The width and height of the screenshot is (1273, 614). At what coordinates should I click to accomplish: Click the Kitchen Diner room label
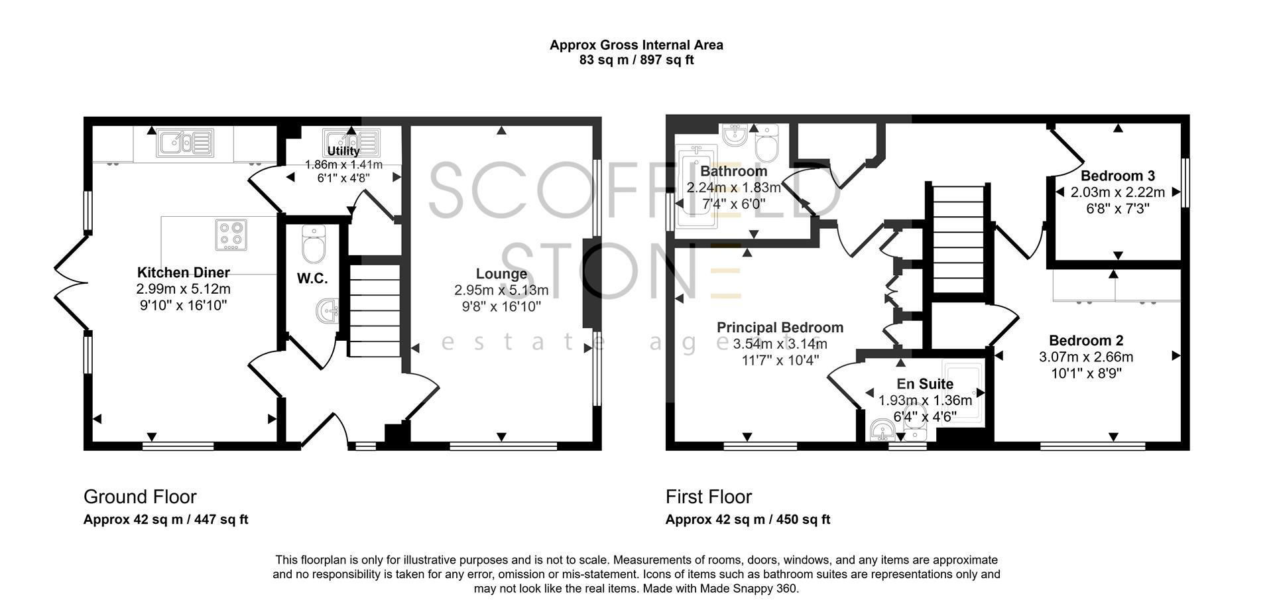(183, 272)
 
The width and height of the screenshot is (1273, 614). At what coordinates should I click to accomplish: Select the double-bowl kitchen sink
(185, 143)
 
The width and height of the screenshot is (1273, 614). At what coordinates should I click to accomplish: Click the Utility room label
(343, 151)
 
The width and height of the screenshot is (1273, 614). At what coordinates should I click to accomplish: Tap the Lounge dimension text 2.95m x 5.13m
(501, 290)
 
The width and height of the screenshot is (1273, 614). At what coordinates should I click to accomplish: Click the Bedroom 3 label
(1118, 176)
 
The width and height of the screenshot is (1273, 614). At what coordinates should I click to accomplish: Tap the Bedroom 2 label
(1086, 340)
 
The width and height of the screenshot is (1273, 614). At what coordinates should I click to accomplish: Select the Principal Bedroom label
(780, 328)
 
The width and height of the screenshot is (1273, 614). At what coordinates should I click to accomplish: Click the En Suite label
(925, 384)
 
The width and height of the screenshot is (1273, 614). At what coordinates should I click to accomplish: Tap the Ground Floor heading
(140, 497)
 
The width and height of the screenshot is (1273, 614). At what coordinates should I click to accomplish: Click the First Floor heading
(709, 497)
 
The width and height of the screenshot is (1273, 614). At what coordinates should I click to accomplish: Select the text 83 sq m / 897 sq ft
(636, 60)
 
